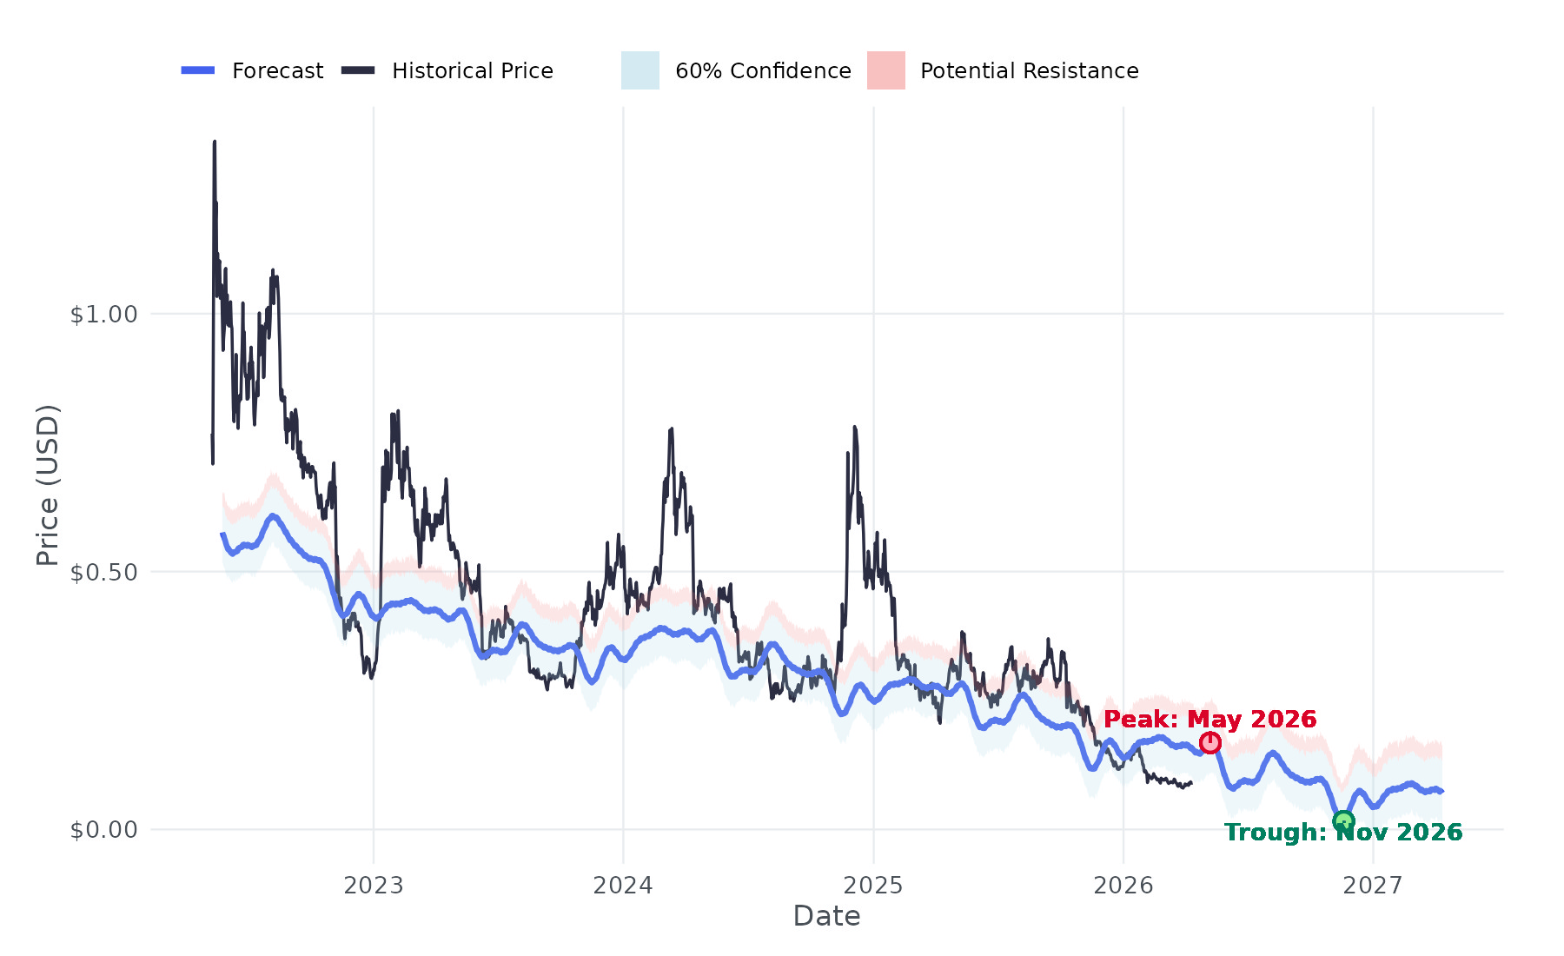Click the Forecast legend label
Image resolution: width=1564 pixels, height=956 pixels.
277,70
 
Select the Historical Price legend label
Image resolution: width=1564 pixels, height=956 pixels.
472,70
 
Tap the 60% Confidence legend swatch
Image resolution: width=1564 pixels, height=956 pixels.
640,70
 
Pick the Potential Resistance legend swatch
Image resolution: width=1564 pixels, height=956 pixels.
886,70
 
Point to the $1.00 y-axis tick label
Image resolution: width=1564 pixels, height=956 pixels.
104,314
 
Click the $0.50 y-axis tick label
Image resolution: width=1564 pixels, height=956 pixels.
104,572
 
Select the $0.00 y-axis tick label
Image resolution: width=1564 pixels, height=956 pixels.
104,830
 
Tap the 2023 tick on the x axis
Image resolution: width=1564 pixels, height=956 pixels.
374,886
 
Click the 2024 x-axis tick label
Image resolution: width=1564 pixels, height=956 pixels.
623,886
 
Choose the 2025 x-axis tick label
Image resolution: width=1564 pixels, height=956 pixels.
873,886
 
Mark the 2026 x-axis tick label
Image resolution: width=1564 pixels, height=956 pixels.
1123,886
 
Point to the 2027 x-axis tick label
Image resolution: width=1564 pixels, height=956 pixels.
1373,886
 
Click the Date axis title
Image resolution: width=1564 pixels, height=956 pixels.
826,916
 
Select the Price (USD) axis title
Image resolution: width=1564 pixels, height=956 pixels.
48,485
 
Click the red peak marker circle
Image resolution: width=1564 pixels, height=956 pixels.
1210,742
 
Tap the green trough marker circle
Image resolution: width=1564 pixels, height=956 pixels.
1343,821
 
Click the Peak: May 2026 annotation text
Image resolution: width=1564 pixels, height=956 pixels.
1209,720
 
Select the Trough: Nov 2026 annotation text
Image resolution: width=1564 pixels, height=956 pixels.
1343,833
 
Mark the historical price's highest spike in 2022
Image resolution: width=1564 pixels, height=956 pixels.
215,142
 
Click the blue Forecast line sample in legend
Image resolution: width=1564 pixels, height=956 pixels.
198,70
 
